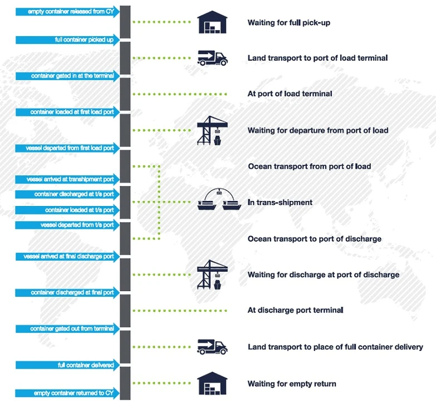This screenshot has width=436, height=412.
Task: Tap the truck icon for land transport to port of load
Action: pyautogui.click(x=212, y=58)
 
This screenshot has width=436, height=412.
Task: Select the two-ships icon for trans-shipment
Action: pyautogui.click(x=217, y=201)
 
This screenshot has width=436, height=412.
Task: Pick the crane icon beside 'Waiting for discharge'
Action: pyautogui.click(x=212, y=274)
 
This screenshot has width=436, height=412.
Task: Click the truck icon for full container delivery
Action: pyautogui.click(x=212, y=347)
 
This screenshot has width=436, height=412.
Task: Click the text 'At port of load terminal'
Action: pyautogui.click(x=290, y=94)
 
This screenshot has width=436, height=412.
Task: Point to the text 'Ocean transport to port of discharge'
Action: pyautogui.click(x=315, y=239)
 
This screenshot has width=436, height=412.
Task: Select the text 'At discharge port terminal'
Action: pyautogui.click(x=295, y=310)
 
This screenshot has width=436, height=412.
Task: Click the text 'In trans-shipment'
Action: pyautogui.click(x=280, y=203)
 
